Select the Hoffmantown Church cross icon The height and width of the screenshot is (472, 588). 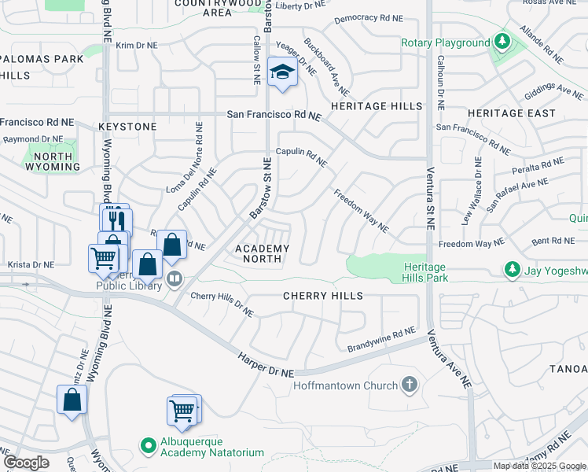408,385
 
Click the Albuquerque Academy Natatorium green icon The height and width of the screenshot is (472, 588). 147,446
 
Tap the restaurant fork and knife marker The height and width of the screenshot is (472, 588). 117,219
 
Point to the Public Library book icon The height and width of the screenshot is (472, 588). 174,277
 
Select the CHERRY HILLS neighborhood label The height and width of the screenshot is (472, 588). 323,296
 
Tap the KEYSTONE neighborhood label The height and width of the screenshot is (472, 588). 127,127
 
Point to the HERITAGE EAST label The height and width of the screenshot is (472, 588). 511,113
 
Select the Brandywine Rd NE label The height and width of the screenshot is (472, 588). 380,341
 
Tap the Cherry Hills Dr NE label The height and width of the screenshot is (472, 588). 222,303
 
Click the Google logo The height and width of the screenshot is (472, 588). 26,463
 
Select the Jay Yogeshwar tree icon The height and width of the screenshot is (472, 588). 512,270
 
